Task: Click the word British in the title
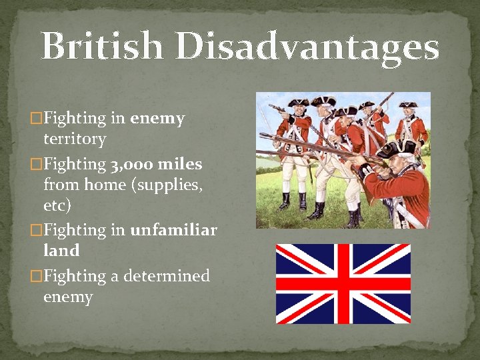[x=101, y=47]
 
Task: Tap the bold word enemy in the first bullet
[x=157, y=119]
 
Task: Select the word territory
[x=75, y=139]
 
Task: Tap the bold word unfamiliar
[x=173, y=230]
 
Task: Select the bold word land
[x=61, y=251]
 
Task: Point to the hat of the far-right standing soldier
[x=408, y=105]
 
